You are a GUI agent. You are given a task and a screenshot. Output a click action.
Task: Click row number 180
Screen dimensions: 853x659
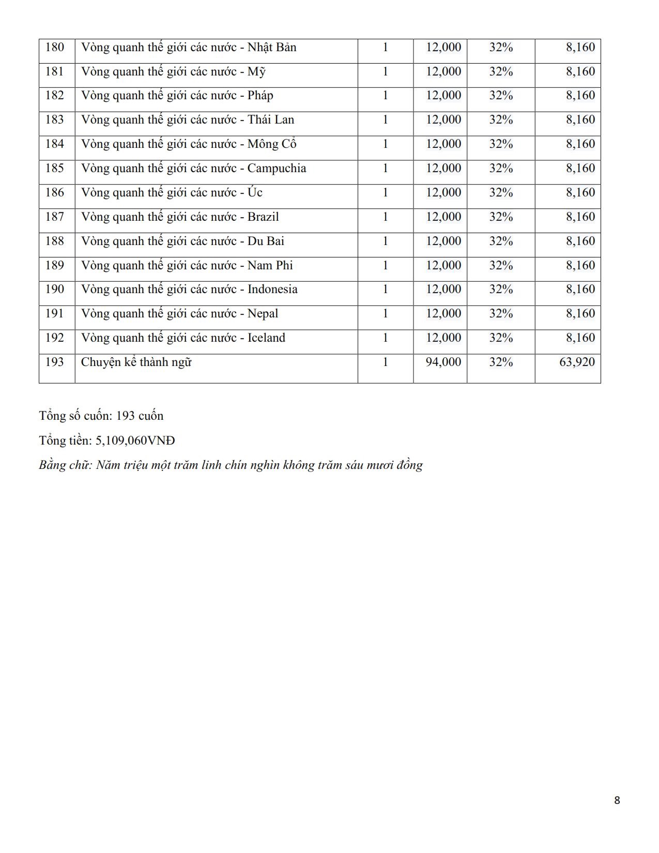pos(55,48)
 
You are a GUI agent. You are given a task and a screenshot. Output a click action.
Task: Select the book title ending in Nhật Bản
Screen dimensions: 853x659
pos(189,48)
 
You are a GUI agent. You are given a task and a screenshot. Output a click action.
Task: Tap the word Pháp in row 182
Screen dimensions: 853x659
pos(260,96)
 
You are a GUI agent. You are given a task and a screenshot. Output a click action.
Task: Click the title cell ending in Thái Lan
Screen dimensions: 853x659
pos(188,120)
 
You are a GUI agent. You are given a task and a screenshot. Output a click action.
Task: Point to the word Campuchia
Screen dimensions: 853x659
pos(277,169)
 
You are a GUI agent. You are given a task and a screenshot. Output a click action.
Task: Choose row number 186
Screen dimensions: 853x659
pos(55,193)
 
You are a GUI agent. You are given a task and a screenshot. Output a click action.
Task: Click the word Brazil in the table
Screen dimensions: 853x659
pos(263,217)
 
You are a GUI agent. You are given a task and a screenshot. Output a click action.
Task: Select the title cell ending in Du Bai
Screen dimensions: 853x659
pos(182,241)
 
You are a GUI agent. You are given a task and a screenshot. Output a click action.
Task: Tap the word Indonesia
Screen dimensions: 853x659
pos(272,290)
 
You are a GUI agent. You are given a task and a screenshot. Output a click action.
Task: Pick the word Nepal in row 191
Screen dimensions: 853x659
pos(263,314)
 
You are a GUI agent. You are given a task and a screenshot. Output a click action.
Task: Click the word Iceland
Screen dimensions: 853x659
pos(266,338)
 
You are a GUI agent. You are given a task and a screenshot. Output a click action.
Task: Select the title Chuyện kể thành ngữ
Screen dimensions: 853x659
pos(136,362)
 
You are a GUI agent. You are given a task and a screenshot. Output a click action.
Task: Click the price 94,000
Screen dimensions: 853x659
pos(443,362)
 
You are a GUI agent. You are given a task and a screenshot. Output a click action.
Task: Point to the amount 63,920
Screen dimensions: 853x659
pos(577,362)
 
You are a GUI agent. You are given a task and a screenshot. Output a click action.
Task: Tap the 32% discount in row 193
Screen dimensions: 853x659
pos(501,362)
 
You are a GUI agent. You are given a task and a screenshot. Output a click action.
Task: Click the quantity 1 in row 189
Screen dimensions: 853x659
pos(385,266)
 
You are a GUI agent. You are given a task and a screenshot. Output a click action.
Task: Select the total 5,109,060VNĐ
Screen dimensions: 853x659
pos(135,440)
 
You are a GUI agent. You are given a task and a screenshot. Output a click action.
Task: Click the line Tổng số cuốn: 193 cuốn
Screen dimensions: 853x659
pos(101,416)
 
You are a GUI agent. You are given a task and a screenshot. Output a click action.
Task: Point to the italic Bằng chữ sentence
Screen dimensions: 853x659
pos(231,465)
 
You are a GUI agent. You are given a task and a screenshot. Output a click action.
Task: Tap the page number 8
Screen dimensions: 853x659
pos(617,800)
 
